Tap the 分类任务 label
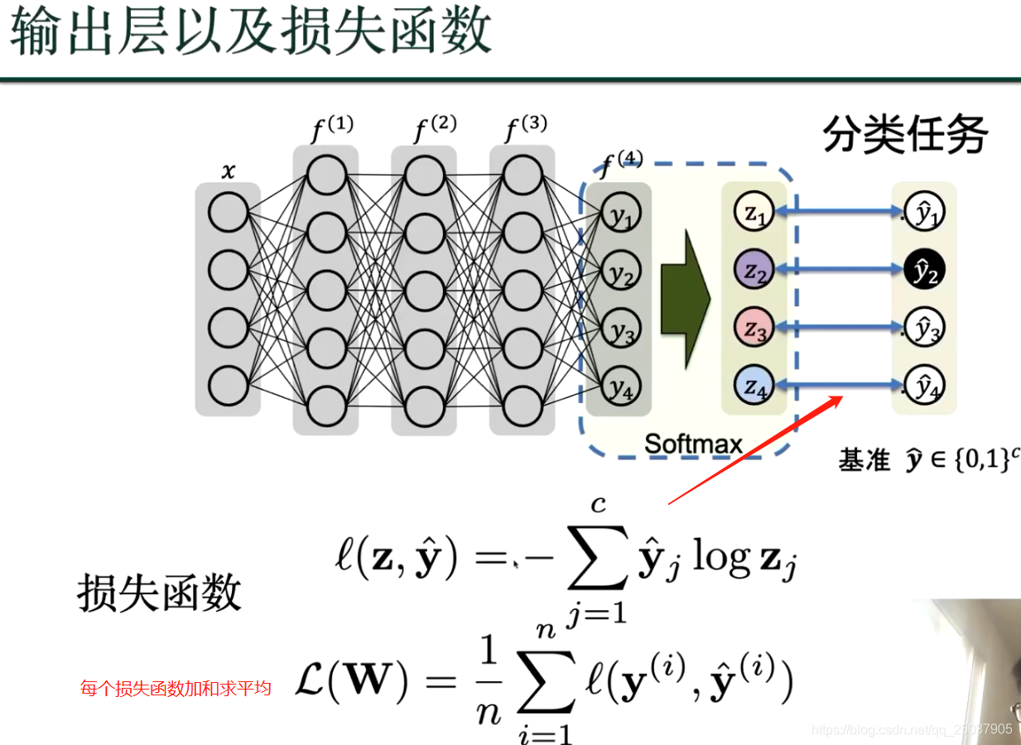pyautogui.click(x=904, y=135)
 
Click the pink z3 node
pyautogui.click(x=754, y=329)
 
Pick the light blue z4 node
pyautogui.click(x=754, y=386)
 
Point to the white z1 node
pyautogui.click(x=754, y=213)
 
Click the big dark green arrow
pyautogui.click(x=686, y=300)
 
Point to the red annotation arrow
pyautogui.click(x=754, y=451)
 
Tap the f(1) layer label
pyautogui.click(x=331, y=129)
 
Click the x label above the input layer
pyautogui.click(x=228, y=172)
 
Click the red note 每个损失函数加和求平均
pyautogui.click(x=176, y=688)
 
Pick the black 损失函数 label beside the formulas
pyautogui.click(x=159, y=593)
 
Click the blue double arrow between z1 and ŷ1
pyautogui.click(x=840, y=213)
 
